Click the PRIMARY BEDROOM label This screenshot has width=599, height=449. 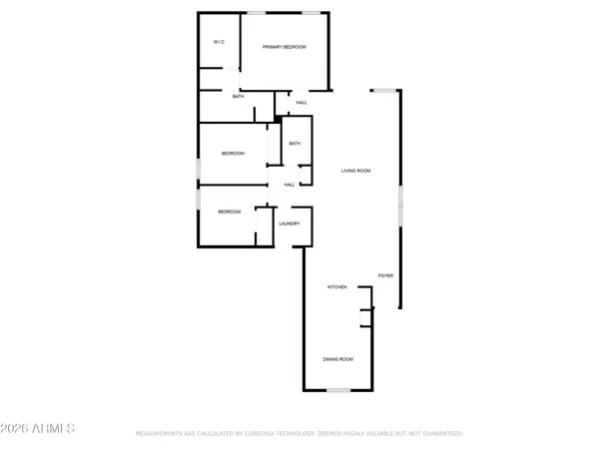click(x=285, y=48)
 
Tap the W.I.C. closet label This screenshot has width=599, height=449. click(x=219, y=42)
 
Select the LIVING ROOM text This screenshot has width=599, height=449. click(x=356, y=171)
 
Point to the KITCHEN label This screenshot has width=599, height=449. click(x=337, y=287)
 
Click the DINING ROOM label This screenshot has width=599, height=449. click(x=336, y=359)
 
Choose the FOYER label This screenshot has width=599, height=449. click(x=385, y=274)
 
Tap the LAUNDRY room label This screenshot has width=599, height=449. click(x=290, y=224)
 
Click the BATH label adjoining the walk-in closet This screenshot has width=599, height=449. click(x=238, y=97)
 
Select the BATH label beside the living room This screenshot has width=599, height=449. click(x=295, y=144)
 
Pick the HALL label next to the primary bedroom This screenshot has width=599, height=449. click(x=300, y=103)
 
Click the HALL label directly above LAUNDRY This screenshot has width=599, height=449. click(x=290, y=185)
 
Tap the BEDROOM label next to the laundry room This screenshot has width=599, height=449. click(x=230, y=212)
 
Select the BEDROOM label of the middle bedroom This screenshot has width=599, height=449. click(x=233, y=154)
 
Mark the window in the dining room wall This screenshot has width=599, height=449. click(x=338, y=389)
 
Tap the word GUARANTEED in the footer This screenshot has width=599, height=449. click(x=439, y=434)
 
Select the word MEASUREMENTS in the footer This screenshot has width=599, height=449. click(x=162, y=434)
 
